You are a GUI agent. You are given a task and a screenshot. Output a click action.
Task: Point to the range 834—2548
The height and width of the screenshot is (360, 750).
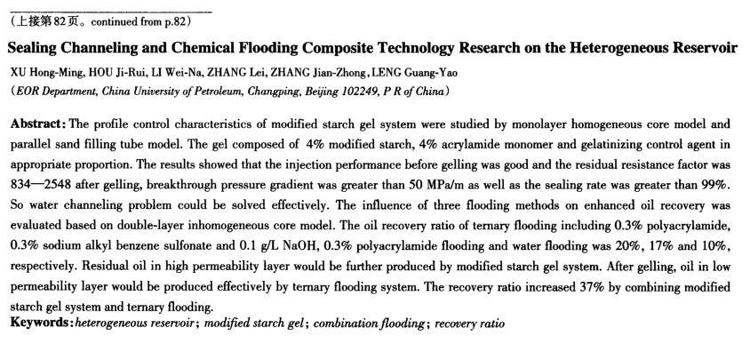click(37, 184)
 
